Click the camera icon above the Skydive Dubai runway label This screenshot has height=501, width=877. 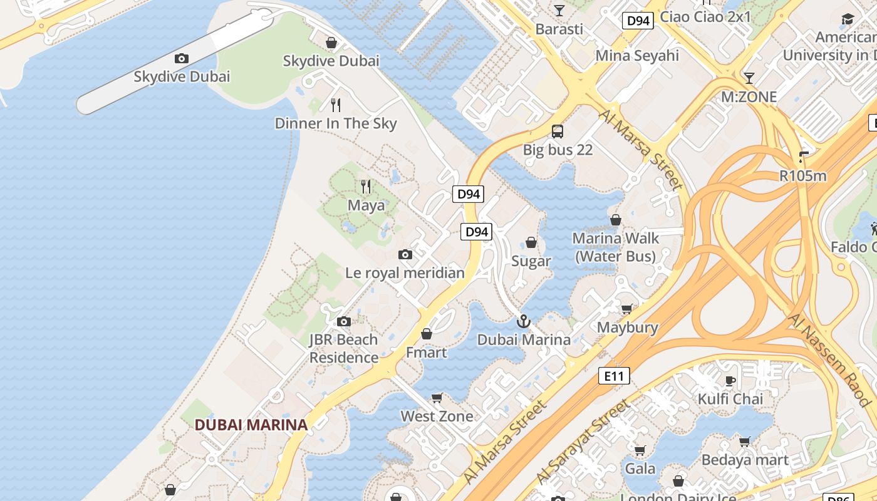182,58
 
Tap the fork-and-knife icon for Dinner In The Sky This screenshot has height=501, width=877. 336,105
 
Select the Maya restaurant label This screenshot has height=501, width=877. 366,205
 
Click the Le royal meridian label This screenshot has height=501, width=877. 405,273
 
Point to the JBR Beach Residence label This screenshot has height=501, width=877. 343,349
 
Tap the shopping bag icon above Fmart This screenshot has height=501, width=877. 427,334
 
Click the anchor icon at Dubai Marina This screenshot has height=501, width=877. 523,321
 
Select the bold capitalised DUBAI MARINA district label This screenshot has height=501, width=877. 251,425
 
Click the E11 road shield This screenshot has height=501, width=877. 613,376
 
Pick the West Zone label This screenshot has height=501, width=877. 437,416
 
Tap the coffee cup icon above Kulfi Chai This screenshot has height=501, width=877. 730,381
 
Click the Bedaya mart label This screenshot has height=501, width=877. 745,460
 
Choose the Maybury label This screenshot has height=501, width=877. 627,328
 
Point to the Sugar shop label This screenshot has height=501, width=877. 531,261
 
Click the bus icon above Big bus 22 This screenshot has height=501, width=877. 558,132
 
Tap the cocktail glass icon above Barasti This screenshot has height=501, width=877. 559,11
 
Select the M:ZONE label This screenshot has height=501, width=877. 749,97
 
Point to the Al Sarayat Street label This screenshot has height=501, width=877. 583,445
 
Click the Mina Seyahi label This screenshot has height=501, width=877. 637,56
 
